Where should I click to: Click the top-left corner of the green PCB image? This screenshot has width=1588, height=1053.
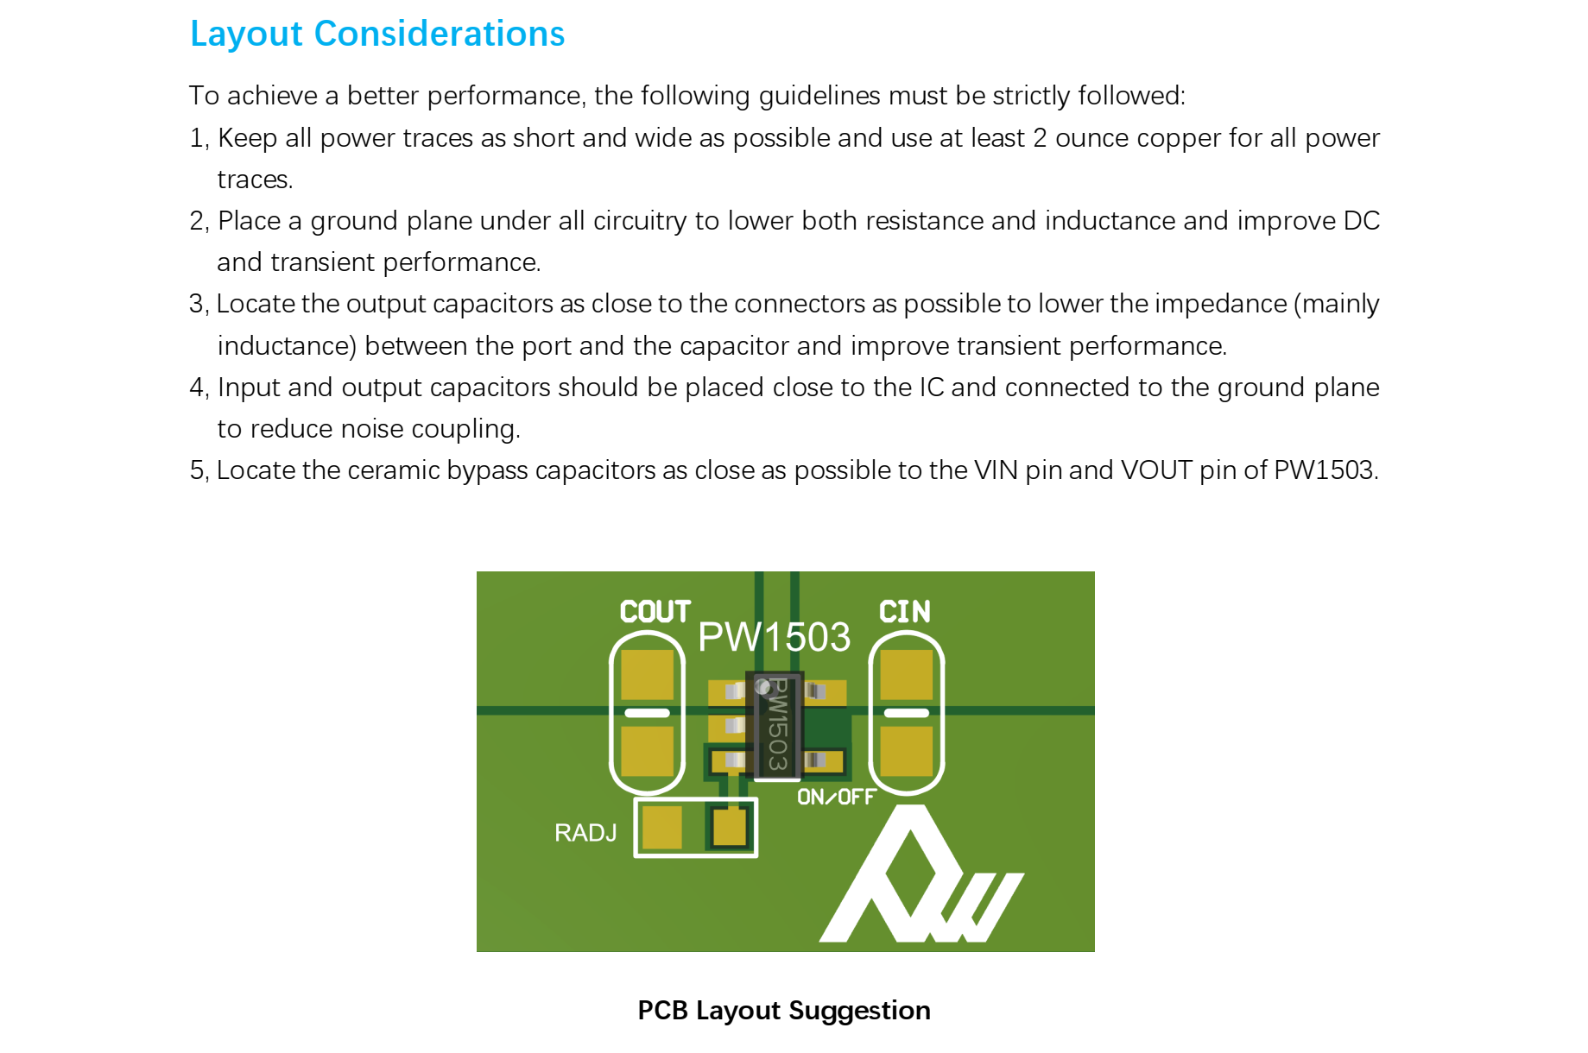coord(477,571)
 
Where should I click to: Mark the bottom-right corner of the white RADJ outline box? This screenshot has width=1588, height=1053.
coord(757,857)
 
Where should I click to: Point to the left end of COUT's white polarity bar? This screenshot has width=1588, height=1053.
coord(625,713)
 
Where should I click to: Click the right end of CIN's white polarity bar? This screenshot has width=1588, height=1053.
coord(928,713)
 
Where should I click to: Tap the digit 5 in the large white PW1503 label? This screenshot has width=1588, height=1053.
coord(790,637)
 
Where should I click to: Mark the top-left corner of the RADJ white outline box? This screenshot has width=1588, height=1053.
coord(635,798)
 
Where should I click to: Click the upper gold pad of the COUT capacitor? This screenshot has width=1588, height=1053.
coord(647,674)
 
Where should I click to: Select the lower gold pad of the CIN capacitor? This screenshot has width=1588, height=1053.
coord(906,751)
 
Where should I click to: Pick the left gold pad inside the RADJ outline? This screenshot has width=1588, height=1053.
coord(662,828)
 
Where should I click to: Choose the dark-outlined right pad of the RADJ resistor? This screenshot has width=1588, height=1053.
coord(730,828)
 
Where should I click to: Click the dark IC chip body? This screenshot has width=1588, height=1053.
coord(775,725)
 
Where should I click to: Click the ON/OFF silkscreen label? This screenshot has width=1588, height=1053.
coord(836,797)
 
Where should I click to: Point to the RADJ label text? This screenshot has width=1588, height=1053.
coord(585,833)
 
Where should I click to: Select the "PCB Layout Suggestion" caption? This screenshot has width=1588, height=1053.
coord(784,1011)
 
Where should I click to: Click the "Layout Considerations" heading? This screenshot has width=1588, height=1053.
coord(377,34)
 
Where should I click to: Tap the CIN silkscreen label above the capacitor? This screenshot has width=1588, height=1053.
coord(905,612)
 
